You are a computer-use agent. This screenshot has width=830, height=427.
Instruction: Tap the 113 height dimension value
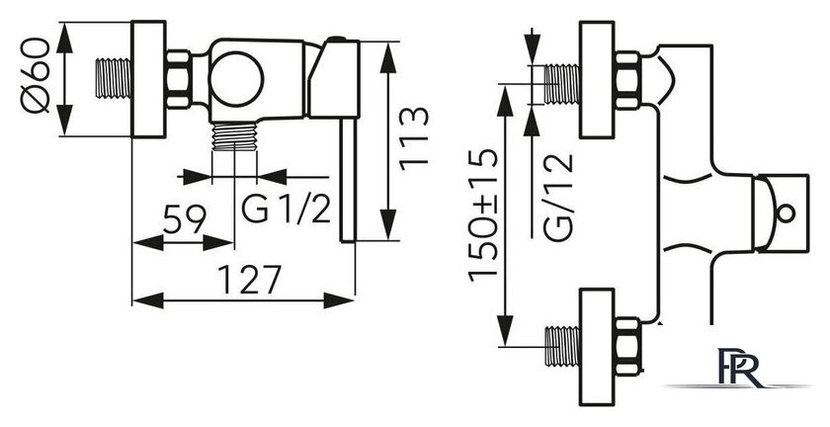click(414, 138)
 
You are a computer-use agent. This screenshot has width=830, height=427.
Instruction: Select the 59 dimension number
click(184, 219)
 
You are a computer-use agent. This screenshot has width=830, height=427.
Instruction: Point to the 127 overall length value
click(249, 279)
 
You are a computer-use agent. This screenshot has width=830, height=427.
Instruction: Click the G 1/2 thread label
click(287, 209)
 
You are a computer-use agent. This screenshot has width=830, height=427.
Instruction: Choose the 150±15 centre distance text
click(483, 214)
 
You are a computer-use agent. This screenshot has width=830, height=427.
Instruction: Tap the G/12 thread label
click(558, 198)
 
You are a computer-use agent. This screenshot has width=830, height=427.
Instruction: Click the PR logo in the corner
click(737, 367)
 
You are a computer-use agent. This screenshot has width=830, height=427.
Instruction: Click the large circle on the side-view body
click(236, 79)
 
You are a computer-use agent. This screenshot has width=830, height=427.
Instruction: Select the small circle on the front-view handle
click(787, 214)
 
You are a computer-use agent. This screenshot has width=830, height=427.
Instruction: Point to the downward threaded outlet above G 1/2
click(234, 136)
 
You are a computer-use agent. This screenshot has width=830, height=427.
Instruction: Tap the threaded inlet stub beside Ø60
click(114, 78)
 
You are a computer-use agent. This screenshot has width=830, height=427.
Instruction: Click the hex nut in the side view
click(179, 79)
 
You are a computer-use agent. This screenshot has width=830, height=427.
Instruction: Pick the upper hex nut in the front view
click(628, 80)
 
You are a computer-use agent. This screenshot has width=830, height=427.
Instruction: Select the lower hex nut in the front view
click(628, 346)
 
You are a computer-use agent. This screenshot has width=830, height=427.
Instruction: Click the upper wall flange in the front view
click(597, 79)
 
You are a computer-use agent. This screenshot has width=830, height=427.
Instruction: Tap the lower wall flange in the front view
click(597, 347)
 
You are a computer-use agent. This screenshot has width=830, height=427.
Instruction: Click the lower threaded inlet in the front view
click(562, 347)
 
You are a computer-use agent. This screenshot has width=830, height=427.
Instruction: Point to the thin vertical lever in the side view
click(348, 180)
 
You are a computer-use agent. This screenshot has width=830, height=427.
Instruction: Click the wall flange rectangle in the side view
click(149, 79)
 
